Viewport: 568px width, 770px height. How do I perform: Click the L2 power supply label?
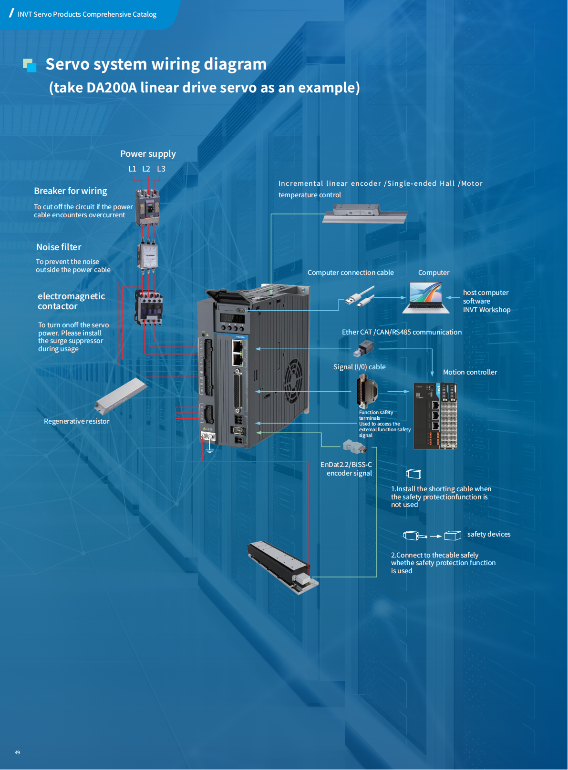click(146, 169)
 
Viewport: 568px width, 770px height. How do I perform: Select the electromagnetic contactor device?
click(149, 307)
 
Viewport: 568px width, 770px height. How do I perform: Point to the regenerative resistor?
click(120, 395)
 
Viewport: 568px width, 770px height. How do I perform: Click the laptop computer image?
click(426, 298)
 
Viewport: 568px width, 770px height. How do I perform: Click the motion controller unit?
click(435, 416)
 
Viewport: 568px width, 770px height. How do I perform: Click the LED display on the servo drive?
click(233, 318)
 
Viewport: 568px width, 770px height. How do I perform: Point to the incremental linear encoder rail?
click(365, 214)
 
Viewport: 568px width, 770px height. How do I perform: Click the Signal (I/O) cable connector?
click(366, 391)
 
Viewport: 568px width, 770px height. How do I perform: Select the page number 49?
click(17, 752)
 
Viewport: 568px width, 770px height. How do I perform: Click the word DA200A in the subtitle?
click(112, 88)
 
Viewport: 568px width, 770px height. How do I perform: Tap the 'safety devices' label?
click(488, 534)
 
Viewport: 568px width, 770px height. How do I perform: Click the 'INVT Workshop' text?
click(486, 310)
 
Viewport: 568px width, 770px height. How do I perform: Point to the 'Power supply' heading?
click(148, 154)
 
